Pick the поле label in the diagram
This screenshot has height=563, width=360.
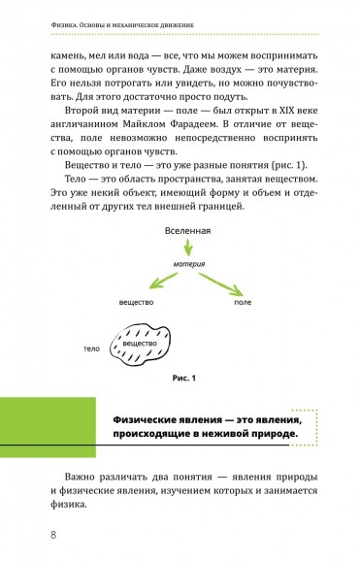pos(244,304)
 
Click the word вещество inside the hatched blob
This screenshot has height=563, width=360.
pos(141,344)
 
